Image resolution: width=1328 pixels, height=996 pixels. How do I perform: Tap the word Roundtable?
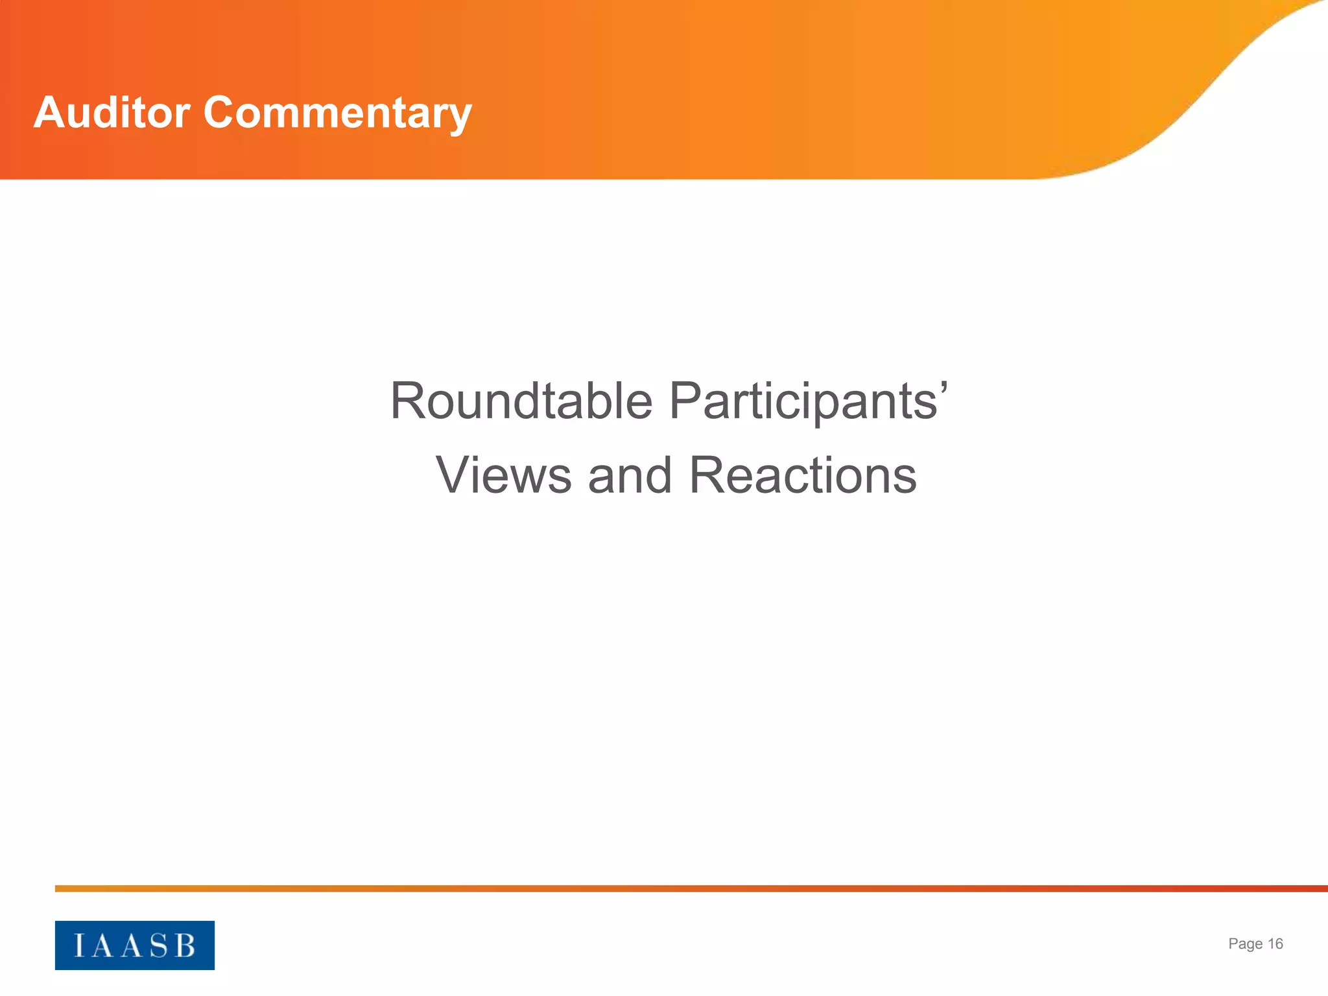point(521,401)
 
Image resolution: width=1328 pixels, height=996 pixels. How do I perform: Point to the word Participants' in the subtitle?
point(808,401)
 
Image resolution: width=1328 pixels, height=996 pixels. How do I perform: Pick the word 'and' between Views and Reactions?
point(629,475)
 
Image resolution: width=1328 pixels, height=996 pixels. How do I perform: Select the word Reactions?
point(803,475)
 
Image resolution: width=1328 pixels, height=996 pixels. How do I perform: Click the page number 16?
point(1275,944)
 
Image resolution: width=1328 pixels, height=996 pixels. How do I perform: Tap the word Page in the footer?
point(1245,944)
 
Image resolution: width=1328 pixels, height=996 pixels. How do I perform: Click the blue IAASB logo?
point(134,945)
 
